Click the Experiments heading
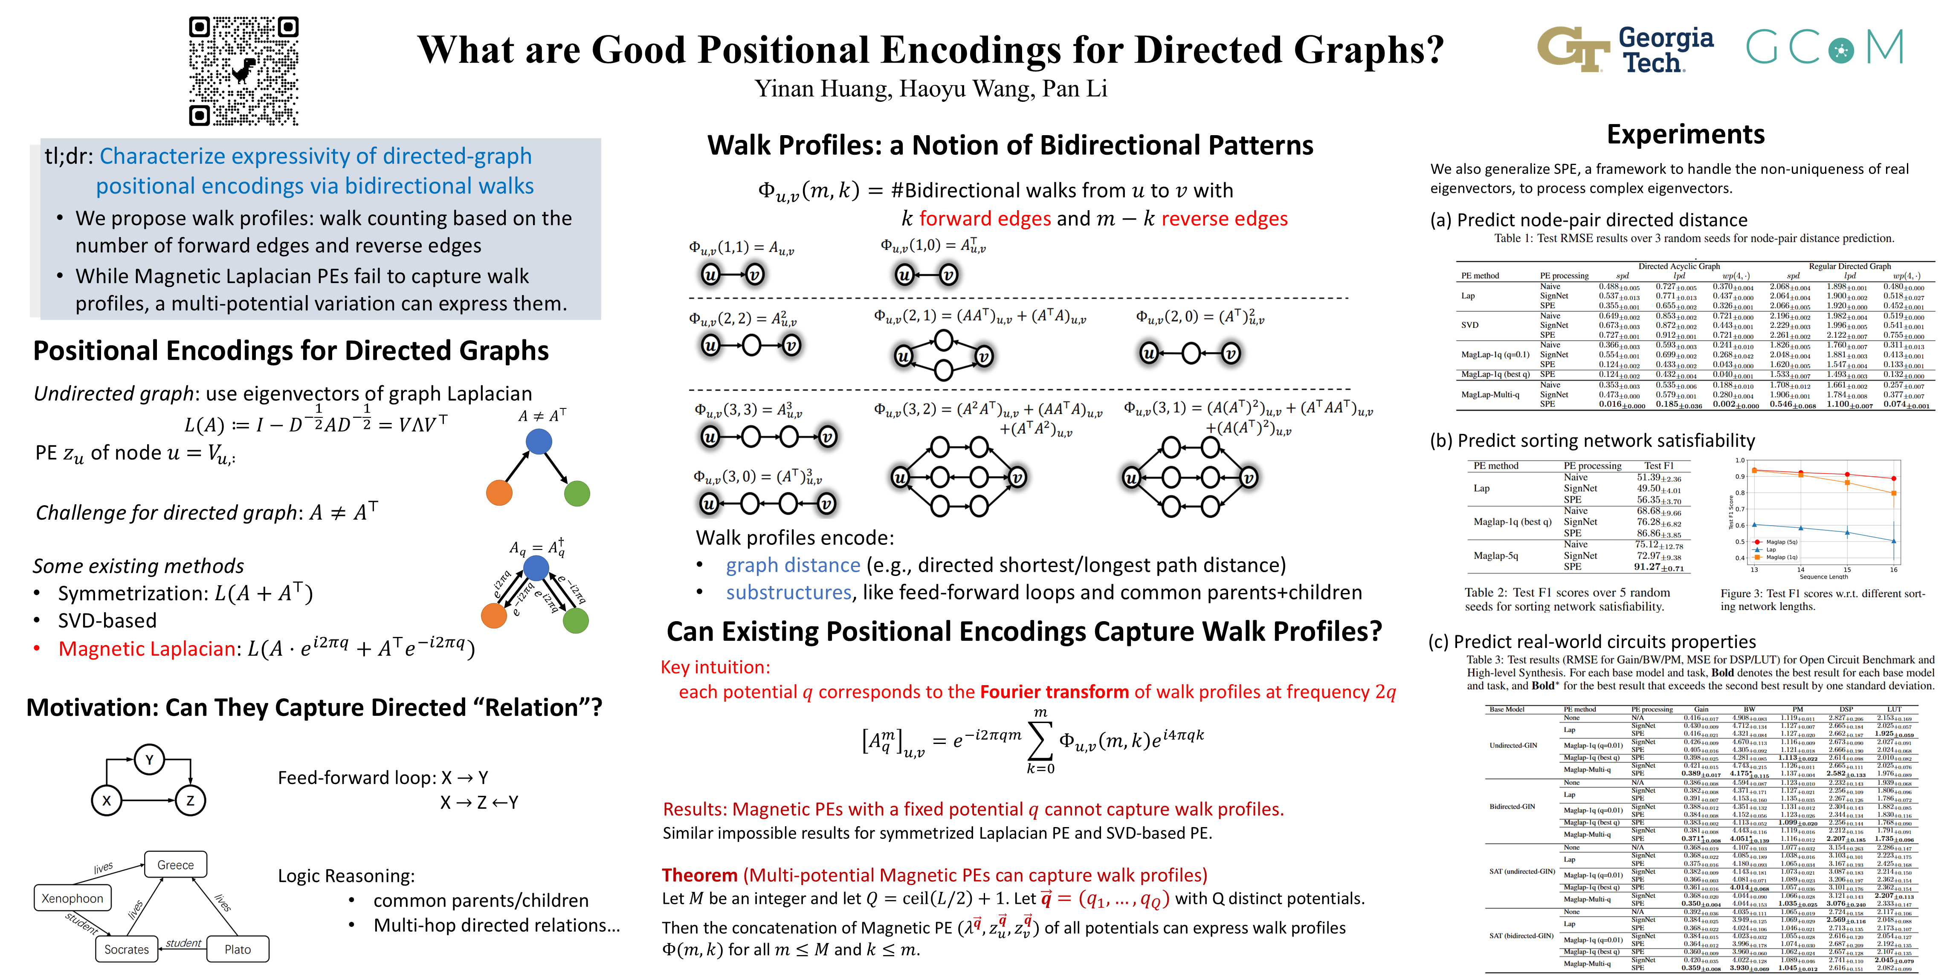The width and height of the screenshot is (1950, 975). pyautogui.click(x=1685, y=135)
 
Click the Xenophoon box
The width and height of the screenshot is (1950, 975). pyautogui.click(x=72, y=899)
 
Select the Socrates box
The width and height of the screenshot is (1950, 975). pyautogui.click(x=126, y=949)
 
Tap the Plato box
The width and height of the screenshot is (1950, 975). pyautogui.click(x=237, y=949)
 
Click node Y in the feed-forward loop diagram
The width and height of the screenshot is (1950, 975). pyautogui.click(x=149, y=760)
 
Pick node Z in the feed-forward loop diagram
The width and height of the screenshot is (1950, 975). pyautogui.click(x=190, y=800)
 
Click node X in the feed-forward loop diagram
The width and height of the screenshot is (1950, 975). pyautogui.click(x=107, y=800)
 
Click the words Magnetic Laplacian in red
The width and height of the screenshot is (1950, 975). pyautogui.click(x=147, y=649)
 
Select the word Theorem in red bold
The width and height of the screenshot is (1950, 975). pyautogui.click(x=699, y=875)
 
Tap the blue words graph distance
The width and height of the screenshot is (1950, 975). pyautogui.click(x=793, y=565)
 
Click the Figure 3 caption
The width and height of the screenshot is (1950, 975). pyautogui.click(x=1822, y=599)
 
